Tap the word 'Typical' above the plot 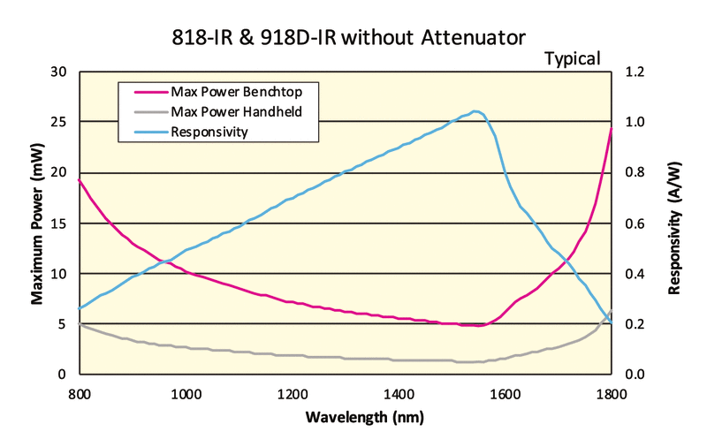coord(572,59)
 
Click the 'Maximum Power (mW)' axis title coord(37,223)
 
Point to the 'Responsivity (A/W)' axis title coord(675,223)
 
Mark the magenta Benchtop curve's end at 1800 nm coord(611,129)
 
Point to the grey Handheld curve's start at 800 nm coord(80,324)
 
